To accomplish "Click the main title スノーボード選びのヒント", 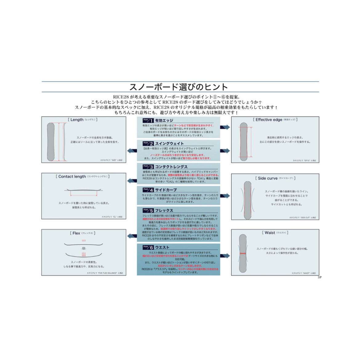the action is click(179, 86).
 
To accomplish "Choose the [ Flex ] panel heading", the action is click(82, 233).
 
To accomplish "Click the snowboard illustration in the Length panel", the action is click(51, 142).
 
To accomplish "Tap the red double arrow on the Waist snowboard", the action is click(243, 253).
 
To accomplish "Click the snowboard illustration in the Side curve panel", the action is click(247, 200).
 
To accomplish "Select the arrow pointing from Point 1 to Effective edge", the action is click(225, 127).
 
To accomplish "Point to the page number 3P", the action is click(319, 277).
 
